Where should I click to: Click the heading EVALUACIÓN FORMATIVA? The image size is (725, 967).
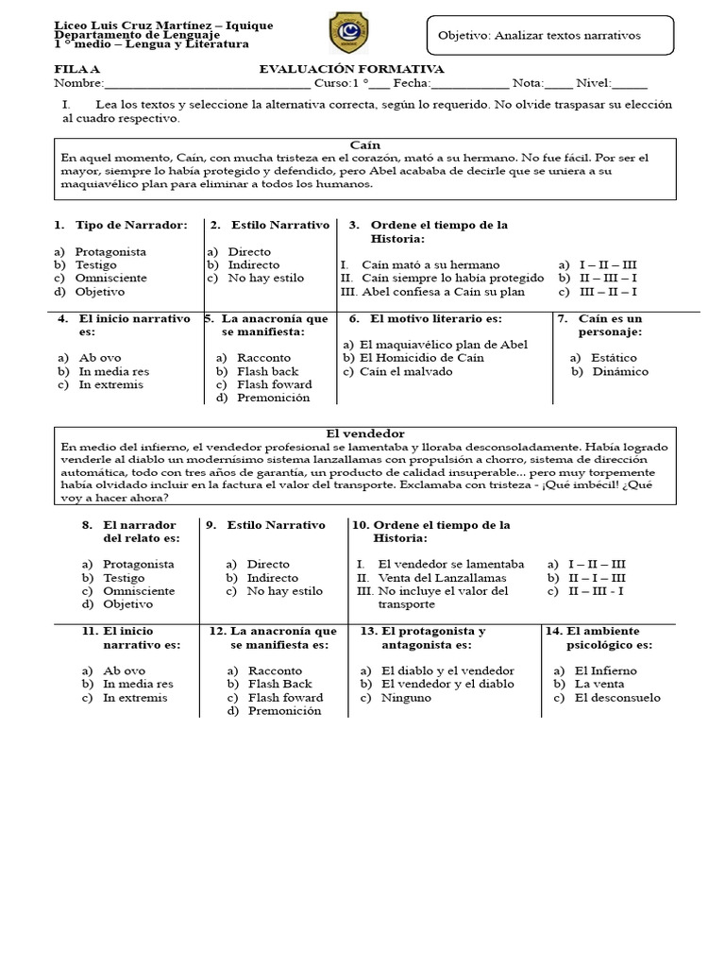[x=351, y=70]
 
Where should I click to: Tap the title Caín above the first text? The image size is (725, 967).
[x=364, y=144]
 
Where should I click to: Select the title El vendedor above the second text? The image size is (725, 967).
[x=364, y=433]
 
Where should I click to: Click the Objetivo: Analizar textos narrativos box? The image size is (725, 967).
[x=551, y=36]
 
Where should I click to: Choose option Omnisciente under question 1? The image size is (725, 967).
[x=110, y=279]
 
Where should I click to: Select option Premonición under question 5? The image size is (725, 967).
[x=273, y=398]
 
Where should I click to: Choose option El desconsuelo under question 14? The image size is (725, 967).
[x=616, y=698]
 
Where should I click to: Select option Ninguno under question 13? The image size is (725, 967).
[x=406, y=698]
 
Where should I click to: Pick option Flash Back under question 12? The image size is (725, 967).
[x=279, y=684]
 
